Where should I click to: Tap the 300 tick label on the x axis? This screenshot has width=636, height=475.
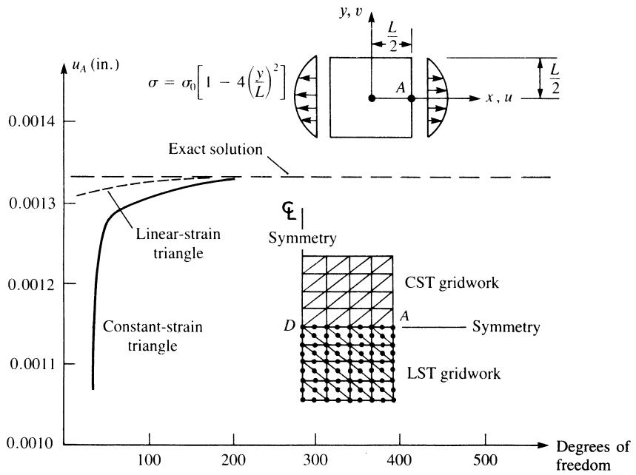[315, 460]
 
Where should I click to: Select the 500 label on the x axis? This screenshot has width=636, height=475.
[485, 460]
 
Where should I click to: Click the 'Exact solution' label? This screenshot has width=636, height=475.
[215, 149]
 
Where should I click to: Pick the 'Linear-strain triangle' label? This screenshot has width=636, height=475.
[178, 243]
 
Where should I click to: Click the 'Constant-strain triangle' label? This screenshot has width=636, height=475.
[153, 336]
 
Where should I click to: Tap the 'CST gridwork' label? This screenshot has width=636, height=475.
[452, 283]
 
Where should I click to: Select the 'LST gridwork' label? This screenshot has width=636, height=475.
[453, 374]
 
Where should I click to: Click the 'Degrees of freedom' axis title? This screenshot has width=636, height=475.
[592, 456]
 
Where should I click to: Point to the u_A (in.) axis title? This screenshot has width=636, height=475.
[96, 65]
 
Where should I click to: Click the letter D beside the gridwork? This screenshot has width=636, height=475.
[289, 325]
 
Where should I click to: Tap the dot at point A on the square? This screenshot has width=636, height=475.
[412, 98]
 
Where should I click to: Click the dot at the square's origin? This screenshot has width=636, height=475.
[372, 98]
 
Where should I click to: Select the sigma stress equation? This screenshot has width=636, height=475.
[217, 81]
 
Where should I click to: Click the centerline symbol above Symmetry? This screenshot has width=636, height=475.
[289, 211]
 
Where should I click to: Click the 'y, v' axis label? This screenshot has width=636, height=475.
[351, 11]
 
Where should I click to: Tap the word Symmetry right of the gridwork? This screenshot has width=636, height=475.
[506, 327]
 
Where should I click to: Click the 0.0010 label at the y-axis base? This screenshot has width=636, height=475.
[30, 443]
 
